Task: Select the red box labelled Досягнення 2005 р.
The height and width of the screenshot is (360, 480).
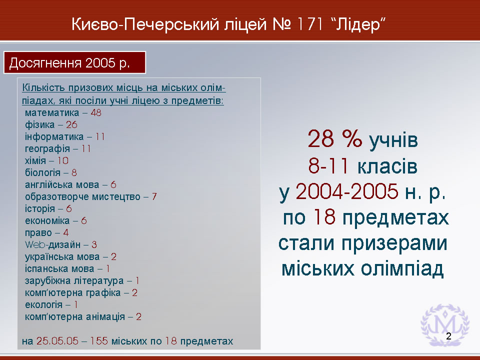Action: tap(74, 63)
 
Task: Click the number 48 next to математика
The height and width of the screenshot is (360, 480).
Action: tap(96, 113)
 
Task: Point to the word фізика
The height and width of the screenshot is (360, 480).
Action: tap(40, 125)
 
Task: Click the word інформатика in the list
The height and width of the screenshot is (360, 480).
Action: tap(54, 137)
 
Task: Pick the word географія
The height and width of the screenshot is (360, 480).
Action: tap(47, 149)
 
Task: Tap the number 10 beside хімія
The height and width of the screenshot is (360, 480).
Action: tap(63, 160)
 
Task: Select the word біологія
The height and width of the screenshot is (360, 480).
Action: tap(42, 172)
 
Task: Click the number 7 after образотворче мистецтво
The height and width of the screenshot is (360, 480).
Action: tap(154, 197)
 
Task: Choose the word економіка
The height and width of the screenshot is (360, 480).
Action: tap(47, 220)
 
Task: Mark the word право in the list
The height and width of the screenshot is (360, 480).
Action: tap(38, 233)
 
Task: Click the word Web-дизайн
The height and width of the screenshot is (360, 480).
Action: tap(52, 245)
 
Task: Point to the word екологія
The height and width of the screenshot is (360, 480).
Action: tap(44, 305)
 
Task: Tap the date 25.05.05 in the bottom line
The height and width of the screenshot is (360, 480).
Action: tap(57, 341)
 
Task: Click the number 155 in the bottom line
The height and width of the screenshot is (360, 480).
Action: tap(98, 341)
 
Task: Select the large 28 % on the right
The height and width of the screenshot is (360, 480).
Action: tap(335, 139)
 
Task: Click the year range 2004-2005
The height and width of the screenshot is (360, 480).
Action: tap(347, 191)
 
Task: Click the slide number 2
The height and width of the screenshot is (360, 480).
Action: tap(449, 336)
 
